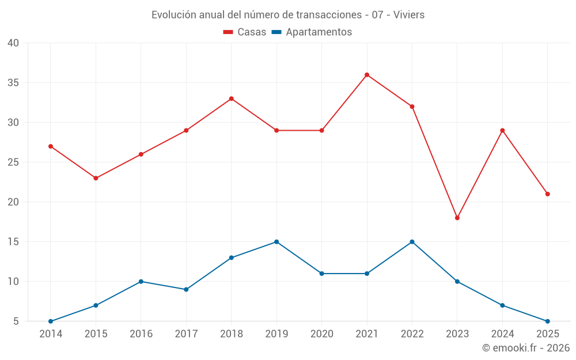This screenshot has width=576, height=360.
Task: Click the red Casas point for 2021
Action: coord(367,75)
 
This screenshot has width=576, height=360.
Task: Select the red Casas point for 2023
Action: coord(457,218)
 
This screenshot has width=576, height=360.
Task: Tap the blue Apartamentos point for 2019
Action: coord(276,242)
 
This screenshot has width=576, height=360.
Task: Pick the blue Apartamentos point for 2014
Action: coord(51,321)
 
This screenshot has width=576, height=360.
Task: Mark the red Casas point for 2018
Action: coord(232,98)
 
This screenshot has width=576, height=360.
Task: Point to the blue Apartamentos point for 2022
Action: coord(412,242)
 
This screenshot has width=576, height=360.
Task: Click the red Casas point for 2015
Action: coord(96,178)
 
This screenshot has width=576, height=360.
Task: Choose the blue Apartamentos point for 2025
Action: coord(548,321)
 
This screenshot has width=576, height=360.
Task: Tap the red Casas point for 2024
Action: coord(502,131)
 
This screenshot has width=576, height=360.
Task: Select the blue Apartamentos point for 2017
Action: coord(186,290)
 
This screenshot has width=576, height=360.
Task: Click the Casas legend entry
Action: coord(245,32)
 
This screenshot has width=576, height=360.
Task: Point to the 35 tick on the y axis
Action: coord(13,83)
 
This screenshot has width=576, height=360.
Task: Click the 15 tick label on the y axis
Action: coord(13,242)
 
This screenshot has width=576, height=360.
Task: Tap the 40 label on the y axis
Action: coord(13,43)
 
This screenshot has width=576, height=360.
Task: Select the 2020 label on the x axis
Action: coord(321,334)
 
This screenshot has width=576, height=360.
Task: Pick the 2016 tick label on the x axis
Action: coord(141,334)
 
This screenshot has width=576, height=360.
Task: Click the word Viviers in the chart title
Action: coord(410,15)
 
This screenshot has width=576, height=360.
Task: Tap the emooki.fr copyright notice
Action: coord(526,348)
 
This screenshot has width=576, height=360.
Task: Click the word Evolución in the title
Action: coord(172,15)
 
